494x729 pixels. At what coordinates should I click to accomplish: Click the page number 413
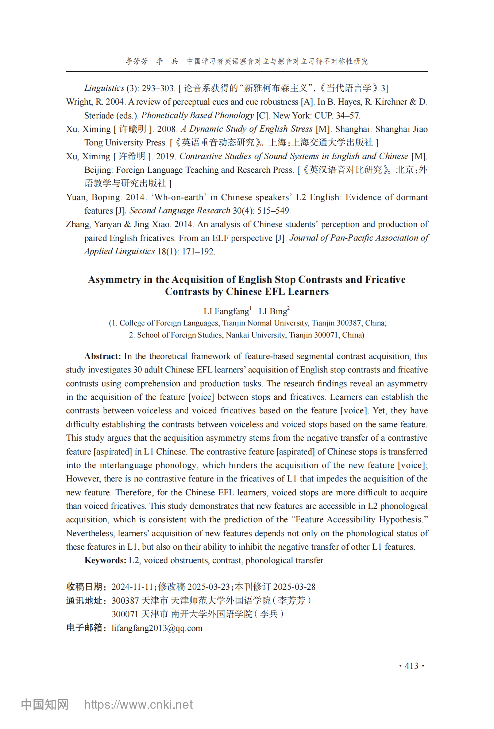pos(412,666)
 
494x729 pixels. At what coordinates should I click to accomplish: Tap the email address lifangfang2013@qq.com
pos(157,628)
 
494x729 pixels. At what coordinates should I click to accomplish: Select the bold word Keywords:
pos(105,560)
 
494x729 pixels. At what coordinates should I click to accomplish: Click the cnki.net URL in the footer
pos(138,705)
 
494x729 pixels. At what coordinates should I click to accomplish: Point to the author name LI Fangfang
pos(226,311)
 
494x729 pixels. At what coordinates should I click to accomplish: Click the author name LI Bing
pos(273,311)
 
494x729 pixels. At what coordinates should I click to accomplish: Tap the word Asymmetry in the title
pos(114,280)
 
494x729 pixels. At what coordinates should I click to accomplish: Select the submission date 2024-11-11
pos(132,587)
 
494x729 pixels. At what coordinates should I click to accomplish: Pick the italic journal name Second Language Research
pos(180,211)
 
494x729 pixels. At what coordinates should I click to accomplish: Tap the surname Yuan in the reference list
pos(76,197)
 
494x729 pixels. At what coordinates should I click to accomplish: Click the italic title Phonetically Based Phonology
pos(197,116)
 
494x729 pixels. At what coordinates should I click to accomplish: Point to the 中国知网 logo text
pos(45,705)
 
